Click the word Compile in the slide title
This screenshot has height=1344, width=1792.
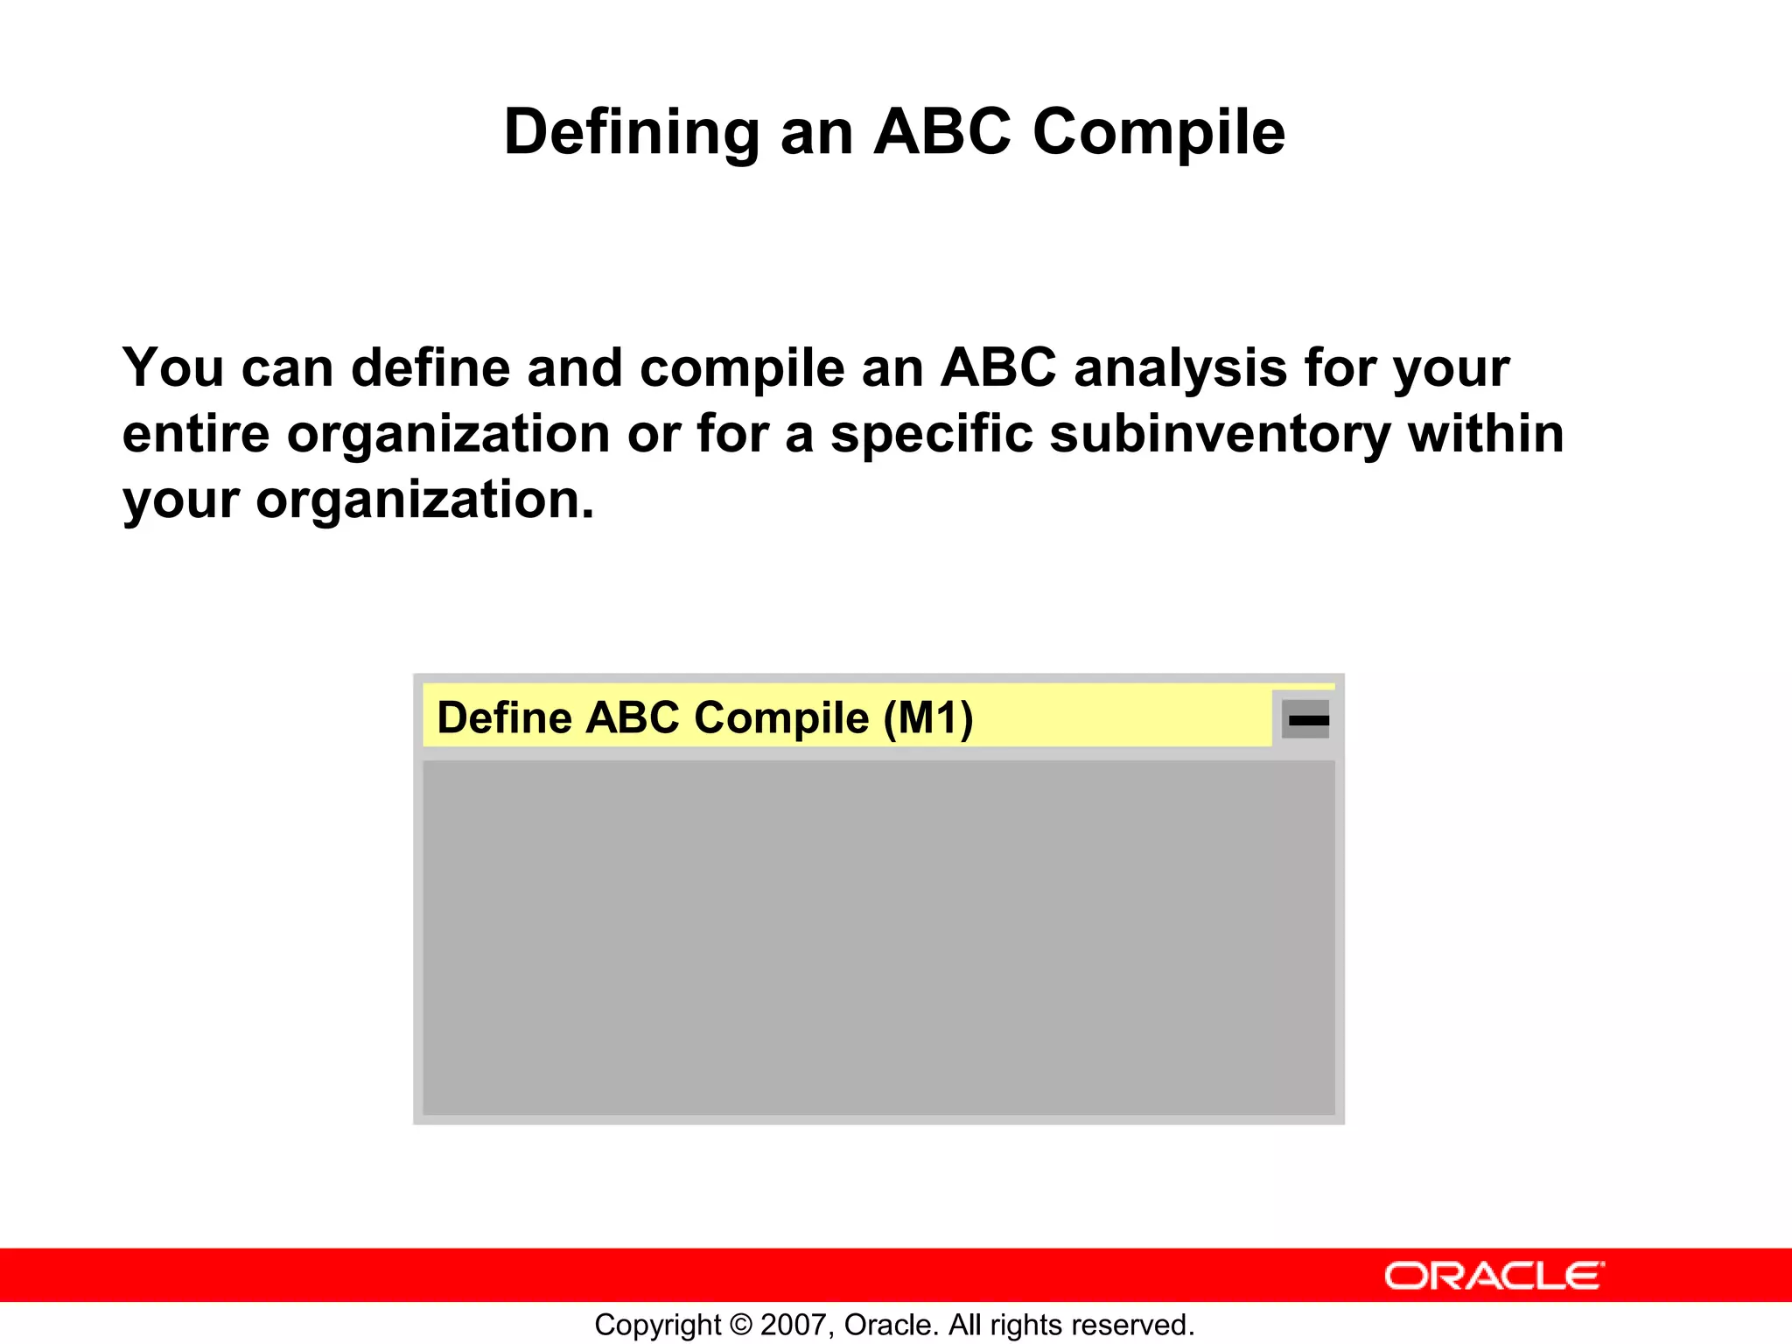pyautogui.click(x=1158, y=133)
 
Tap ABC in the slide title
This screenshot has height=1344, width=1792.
pyautogui.click(x=942, y=133)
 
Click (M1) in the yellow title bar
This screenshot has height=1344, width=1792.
pyautogui.click(x=927, y=718)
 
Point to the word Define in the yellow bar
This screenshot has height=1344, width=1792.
pyautogui.click(x=504, y=718)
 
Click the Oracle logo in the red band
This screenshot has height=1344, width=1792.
pyautogui.click(x=1494, y=1277)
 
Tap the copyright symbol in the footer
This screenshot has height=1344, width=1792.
pyautogui.click(x=740, y=1325)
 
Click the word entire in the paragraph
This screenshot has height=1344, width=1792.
pyautogui.click(x=195, y=434)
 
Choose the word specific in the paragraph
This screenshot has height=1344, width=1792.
pyautogui.click(x=931, y=434)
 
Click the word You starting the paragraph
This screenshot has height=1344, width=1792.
pyautogui.click(x=173, y=368)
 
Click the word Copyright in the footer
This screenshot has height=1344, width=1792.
pyautogui.click(x=657, y=1325)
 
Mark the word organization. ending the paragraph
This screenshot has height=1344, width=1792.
pyautogui.click(x=424, y=500)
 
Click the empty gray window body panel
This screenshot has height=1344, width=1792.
pyautogui.click(x=878, y=936)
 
